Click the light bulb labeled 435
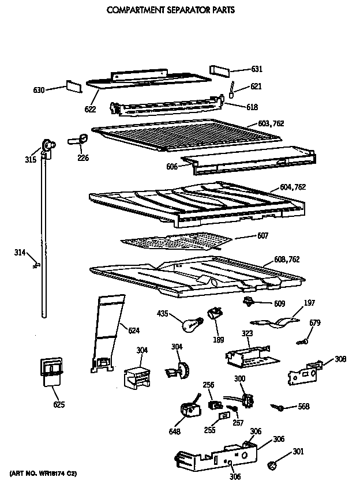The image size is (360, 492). [x=192, y=324]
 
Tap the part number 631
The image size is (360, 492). [x=257, y=69]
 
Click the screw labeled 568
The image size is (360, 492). [x=279, y=408]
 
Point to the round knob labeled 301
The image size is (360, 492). [x=272, y=464]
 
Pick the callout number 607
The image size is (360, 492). [x=246, y=235]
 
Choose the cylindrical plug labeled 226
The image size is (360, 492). [x=78, y=139]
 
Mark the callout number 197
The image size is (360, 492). [x=309, y=303]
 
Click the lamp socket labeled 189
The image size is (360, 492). [x=217, y=313]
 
